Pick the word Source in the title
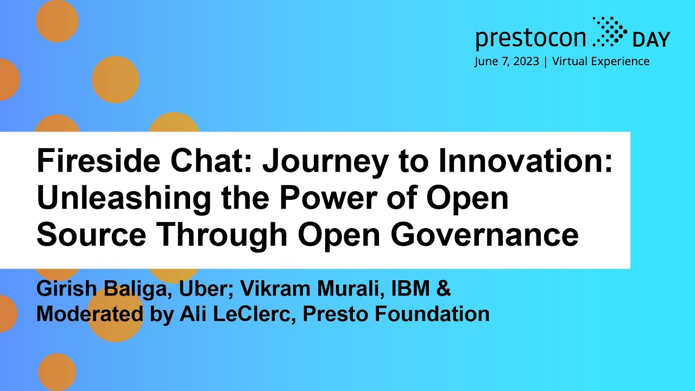pos(91,235)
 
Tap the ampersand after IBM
pos(444,289)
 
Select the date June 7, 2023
pos(507,61)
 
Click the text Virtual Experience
pos(601,61)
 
